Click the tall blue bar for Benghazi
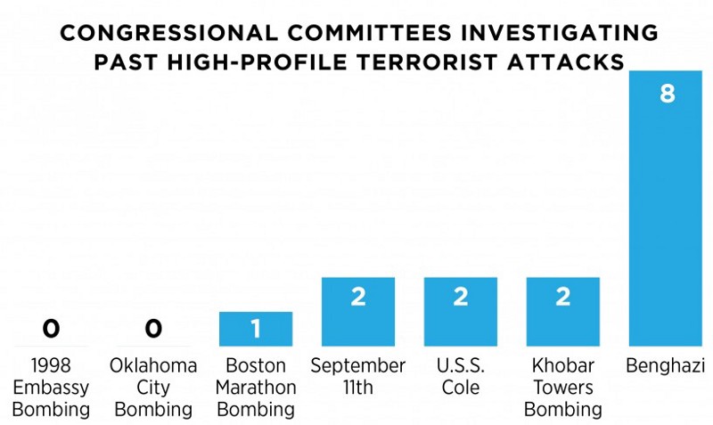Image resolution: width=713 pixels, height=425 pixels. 665,214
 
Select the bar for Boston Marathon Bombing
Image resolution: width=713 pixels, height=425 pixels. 256,330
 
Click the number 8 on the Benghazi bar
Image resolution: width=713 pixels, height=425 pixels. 666,93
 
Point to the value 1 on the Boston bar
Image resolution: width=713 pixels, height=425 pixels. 256,330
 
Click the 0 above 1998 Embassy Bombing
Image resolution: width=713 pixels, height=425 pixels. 51,329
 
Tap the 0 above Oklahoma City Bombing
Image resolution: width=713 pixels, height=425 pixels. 153,329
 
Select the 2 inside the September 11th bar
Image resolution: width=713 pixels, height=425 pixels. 358,297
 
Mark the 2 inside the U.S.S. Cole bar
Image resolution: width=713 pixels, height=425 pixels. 460,297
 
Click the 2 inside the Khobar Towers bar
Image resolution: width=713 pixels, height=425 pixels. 562,297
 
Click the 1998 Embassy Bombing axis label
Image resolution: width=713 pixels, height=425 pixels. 51,388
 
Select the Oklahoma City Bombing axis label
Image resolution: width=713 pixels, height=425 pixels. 153,388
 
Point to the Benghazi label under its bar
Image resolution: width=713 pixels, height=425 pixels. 665,366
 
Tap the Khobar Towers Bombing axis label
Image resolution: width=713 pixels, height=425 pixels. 562,388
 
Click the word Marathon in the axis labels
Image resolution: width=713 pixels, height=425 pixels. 256,388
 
